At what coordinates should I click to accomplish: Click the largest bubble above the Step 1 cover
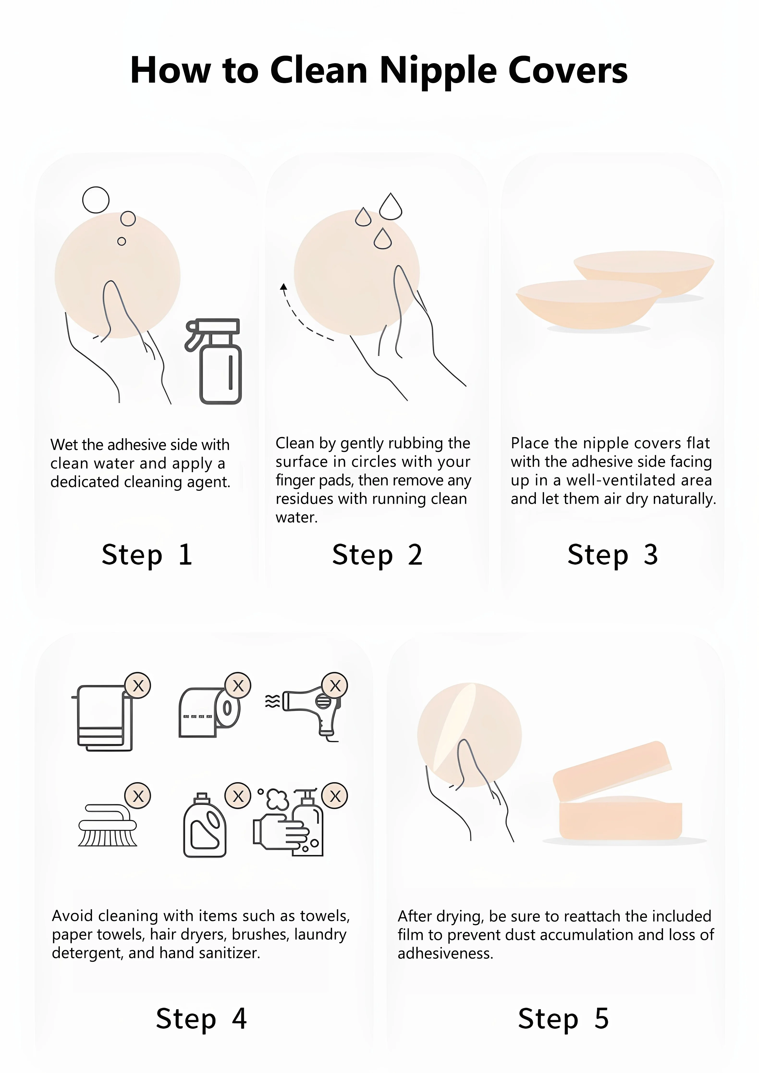[x=96, y=200]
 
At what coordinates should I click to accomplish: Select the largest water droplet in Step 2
[x=391, y=207]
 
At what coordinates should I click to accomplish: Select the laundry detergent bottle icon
[x=205, y=825]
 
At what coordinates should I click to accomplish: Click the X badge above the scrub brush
[x=138, y=796]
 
